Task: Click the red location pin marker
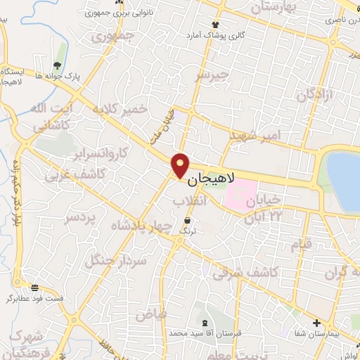(180, 165)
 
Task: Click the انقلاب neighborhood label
(189, 201)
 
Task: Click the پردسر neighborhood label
(79, 219)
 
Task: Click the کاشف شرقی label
(255, 271)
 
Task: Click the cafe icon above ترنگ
(186, 221)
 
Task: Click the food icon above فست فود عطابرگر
(35, 287)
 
